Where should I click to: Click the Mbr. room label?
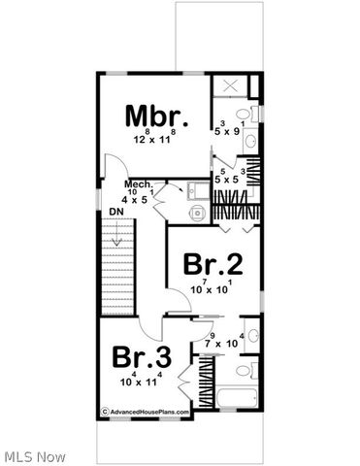click(155, 116)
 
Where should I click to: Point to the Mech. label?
click(136, 183)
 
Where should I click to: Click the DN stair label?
click(116, 211)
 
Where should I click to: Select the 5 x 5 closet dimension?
click(226, 180)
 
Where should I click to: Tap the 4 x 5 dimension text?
click(136, 200)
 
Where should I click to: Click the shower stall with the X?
click(231, 87)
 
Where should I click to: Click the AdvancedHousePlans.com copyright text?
click(146, 412)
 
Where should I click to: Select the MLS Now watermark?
click(34, 454)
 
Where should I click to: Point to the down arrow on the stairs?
click(117, 233)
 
